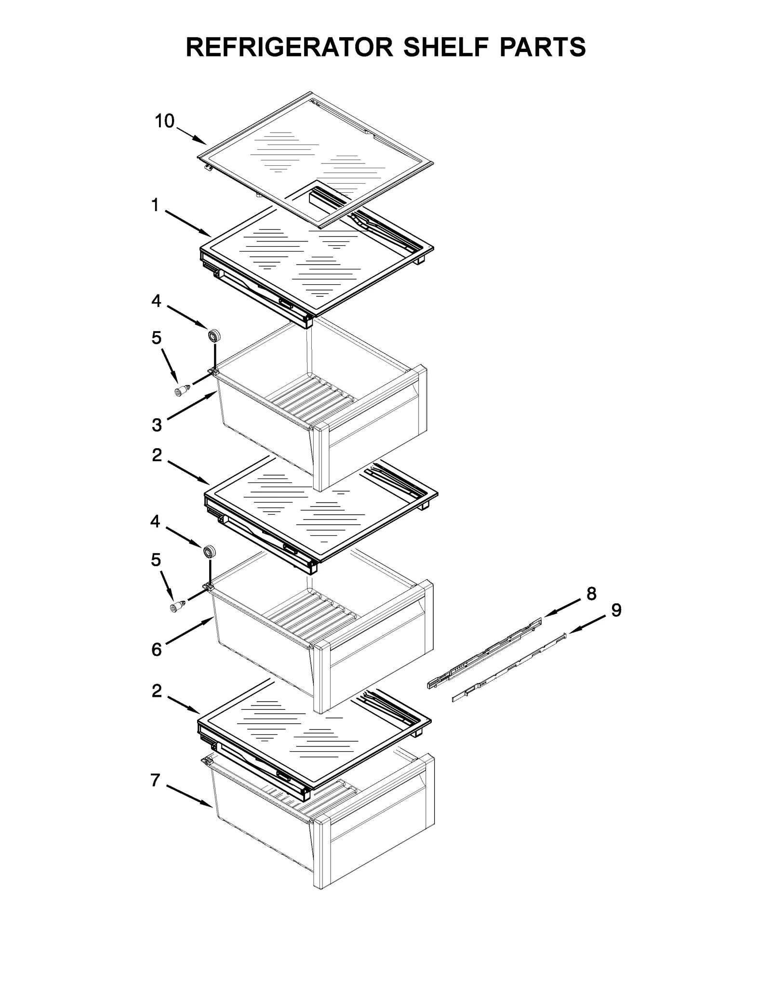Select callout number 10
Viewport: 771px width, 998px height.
click(164, 121)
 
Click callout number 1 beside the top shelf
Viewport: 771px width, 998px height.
click(155, 206)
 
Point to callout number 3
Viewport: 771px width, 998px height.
click(157, 425)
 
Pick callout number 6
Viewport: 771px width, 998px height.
click(157, 650)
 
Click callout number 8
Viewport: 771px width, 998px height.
click(592, 594)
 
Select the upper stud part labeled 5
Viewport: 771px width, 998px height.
click(181, 390)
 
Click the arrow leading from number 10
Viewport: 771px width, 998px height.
click(191, 135)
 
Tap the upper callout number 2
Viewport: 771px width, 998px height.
click(157, 455)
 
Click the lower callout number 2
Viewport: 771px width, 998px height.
click(157, 691)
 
